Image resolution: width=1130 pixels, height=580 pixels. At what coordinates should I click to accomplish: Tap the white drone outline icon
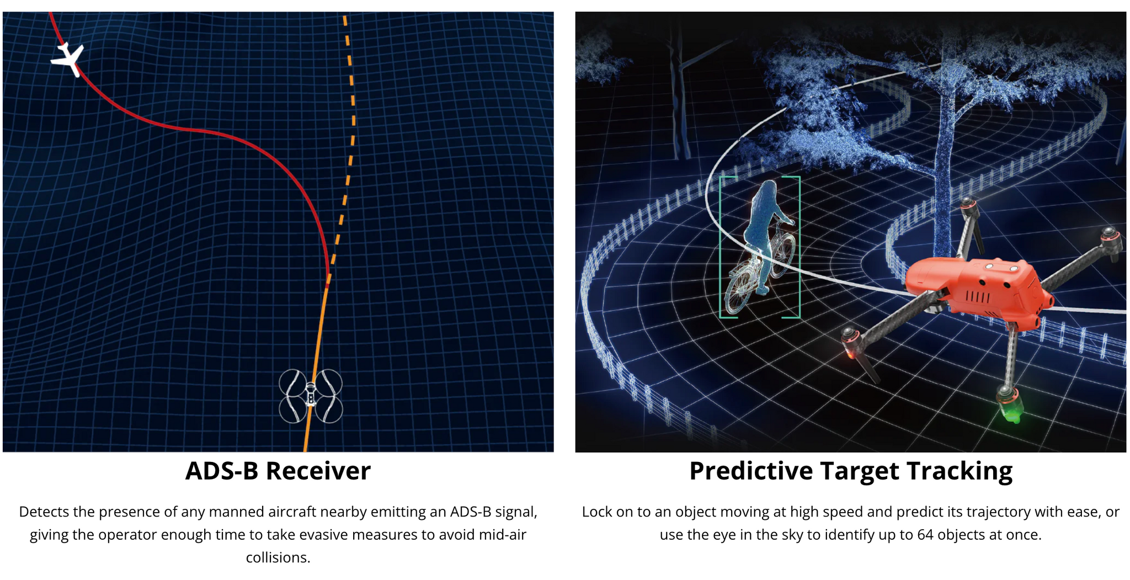[311, 396]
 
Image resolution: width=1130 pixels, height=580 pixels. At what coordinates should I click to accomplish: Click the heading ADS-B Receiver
[278, 471]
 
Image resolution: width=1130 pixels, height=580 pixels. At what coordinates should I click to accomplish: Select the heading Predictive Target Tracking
[851, 471]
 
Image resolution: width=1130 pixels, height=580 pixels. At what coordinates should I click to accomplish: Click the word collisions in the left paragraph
[278, 557]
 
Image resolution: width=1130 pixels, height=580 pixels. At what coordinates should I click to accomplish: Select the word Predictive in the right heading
[751, 471]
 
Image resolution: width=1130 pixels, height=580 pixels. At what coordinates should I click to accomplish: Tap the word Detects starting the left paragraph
[44, 512]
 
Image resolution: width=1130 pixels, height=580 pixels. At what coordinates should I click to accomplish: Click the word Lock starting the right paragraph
[596, 512]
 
